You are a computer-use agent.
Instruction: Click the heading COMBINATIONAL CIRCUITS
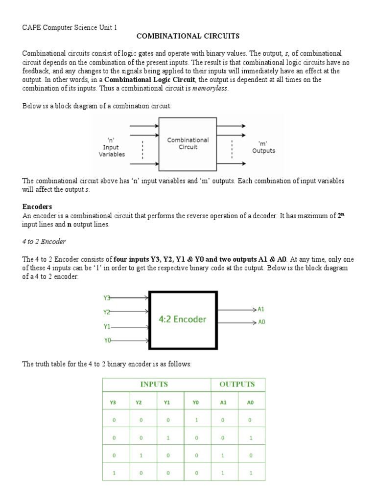coord(188,36)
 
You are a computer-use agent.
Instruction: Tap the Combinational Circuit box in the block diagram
coord(188,143)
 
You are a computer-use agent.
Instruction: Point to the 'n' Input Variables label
coord(112,146)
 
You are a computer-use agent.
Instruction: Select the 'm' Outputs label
coord(263,147)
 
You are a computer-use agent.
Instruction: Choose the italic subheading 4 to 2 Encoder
coord(44,242)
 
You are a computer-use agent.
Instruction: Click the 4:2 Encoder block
coord(183,319)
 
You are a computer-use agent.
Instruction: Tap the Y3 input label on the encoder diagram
coord(107,297)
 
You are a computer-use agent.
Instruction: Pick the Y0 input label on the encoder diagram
coord(107,341)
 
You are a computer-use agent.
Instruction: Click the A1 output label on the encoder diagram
coord(261,309)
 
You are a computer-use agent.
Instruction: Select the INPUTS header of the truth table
coord(154,384)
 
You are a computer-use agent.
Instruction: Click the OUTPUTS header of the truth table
coord(237,384)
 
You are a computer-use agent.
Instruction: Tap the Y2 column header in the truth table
coord(139,403)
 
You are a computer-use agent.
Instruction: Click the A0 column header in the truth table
coord(251,403)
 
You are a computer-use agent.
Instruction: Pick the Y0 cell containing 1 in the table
coord(196,420)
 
